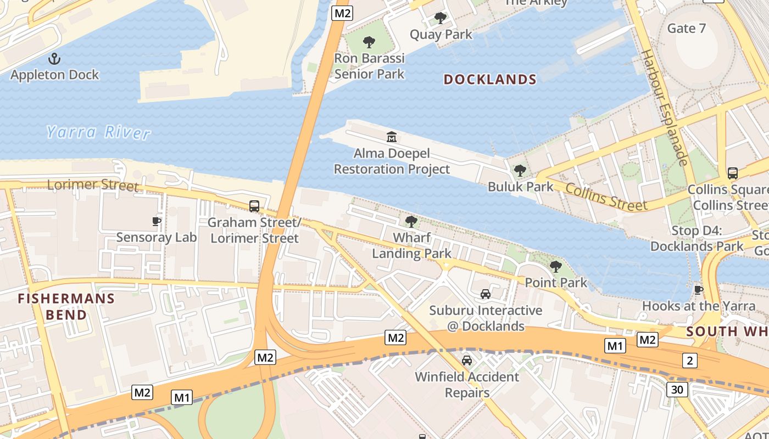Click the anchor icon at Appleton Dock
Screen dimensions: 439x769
[54, 58]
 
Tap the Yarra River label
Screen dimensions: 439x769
[98, 132]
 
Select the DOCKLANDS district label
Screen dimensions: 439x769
[490, 80]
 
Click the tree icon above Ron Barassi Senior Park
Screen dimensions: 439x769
[369, 42]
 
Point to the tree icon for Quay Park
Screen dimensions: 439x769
[441, 18]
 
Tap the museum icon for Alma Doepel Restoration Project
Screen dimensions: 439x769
[392, 137]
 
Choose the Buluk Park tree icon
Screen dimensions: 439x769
[520, 171]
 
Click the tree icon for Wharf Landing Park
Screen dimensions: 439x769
[411, 222]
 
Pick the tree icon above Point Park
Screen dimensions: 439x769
[556, 267]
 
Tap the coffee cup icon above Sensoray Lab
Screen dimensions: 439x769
[157, 221]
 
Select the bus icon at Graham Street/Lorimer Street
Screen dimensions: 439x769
[254, 206]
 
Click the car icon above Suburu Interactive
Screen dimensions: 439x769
[486, 294]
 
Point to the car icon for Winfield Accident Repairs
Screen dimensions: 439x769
[467, 361]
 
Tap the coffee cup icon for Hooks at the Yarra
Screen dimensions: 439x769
[699, 290]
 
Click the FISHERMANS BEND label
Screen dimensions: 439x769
[66, 307]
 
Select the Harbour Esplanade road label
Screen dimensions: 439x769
[665, 108]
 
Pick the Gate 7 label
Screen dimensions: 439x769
[687, 28]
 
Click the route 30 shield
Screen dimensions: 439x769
[677, 390]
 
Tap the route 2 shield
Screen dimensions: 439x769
[690, 361]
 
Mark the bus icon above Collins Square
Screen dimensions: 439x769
[733, 173]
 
